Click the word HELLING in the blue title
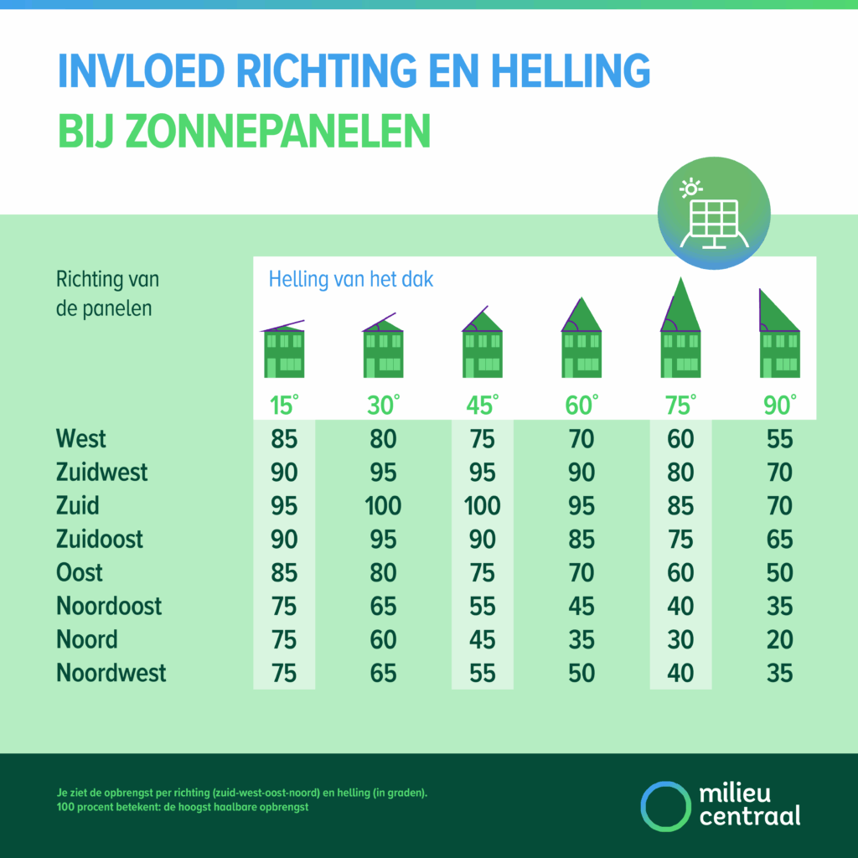click(x=554, y=72)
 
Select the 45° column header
click(x=483, y=406)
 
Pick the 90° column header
click(x=779, y=406)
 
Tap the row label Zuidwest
click(x=101, y=472)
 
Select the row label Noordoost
click(x=109, y=606)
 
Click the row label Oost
click(x=80, y=572)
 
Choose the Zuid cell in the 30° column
click(x=383, y=505)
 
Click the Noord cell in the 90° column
click(x=779, y=639)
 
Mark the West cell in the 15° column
click(x=284, y=438)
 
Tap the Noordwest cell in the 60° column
click(x=581, y=673)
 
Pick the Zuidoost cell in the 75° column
click(x=680, y=539)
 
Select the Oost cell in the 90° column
click(x=779, y=572)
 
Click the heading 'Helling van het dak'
click(x=351, y=279)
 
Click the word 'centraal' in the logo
click(x=749, y=816)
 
